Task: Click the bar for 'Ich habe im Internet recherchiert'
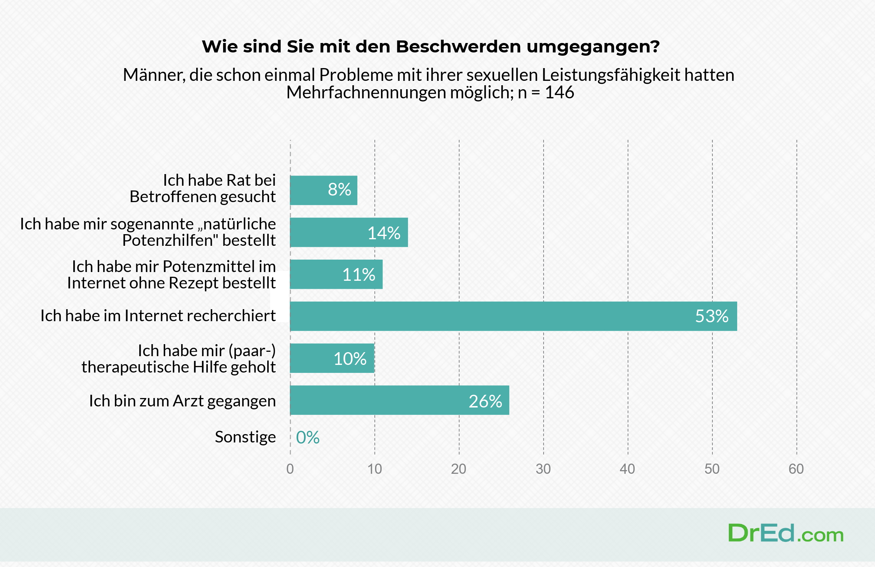click(513, 316)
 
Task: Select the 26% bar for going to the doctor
click(399, 400)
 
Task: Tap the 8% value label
click(339, 190)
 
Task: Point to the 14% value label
click(384, 233)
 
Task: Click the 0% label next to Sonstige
click(308, 437)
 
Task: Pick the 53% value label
click(712, 316)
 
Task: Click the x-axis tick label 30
click(543, 469)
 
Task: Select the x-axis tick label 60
click(796, 469)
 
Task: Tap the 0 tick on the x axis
click(290, 469)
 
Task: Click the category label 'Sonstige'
click(245, 437)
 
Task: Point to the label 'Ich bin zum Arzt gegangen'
click(182, 401)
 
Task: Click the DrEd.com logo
click(786, 533)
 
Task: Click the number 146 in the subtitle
click(559, 92)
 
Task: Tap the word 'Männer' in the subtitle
click(154, 75)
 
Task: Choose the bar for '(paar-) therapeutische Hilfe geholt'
click(332, 358)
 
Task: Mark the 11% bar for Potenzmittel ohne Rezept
click(336, 274)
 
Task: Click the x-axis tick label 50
click(712, 469)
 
